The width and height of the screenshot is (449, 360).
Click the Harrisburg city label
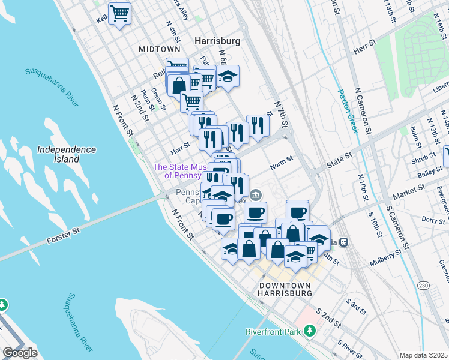click(217, 41)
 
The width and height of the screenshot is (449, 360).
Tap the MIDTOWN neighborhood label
click(159, 49)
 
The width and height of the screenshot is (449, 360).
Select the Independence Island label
click(66, 154)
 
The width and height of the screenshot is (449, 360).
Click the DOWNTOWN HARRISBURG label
click(284, 289)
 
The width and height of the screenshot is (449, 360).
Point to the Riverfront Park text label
click(273, 332)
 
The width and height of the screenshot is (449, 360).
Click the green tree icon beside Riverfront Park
click(309, 331)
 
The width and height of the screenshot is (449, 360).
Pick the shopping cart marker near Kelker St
click(120, 13)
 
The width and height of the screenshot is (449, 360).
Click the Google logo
click(20, 353)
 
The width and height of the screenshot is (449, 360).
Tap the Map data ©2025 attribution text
click(423, 355)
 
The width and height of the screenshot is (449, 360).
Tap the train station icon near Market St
click(344, 242)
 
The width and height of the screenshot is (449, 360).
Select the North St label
click(281, 161)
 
